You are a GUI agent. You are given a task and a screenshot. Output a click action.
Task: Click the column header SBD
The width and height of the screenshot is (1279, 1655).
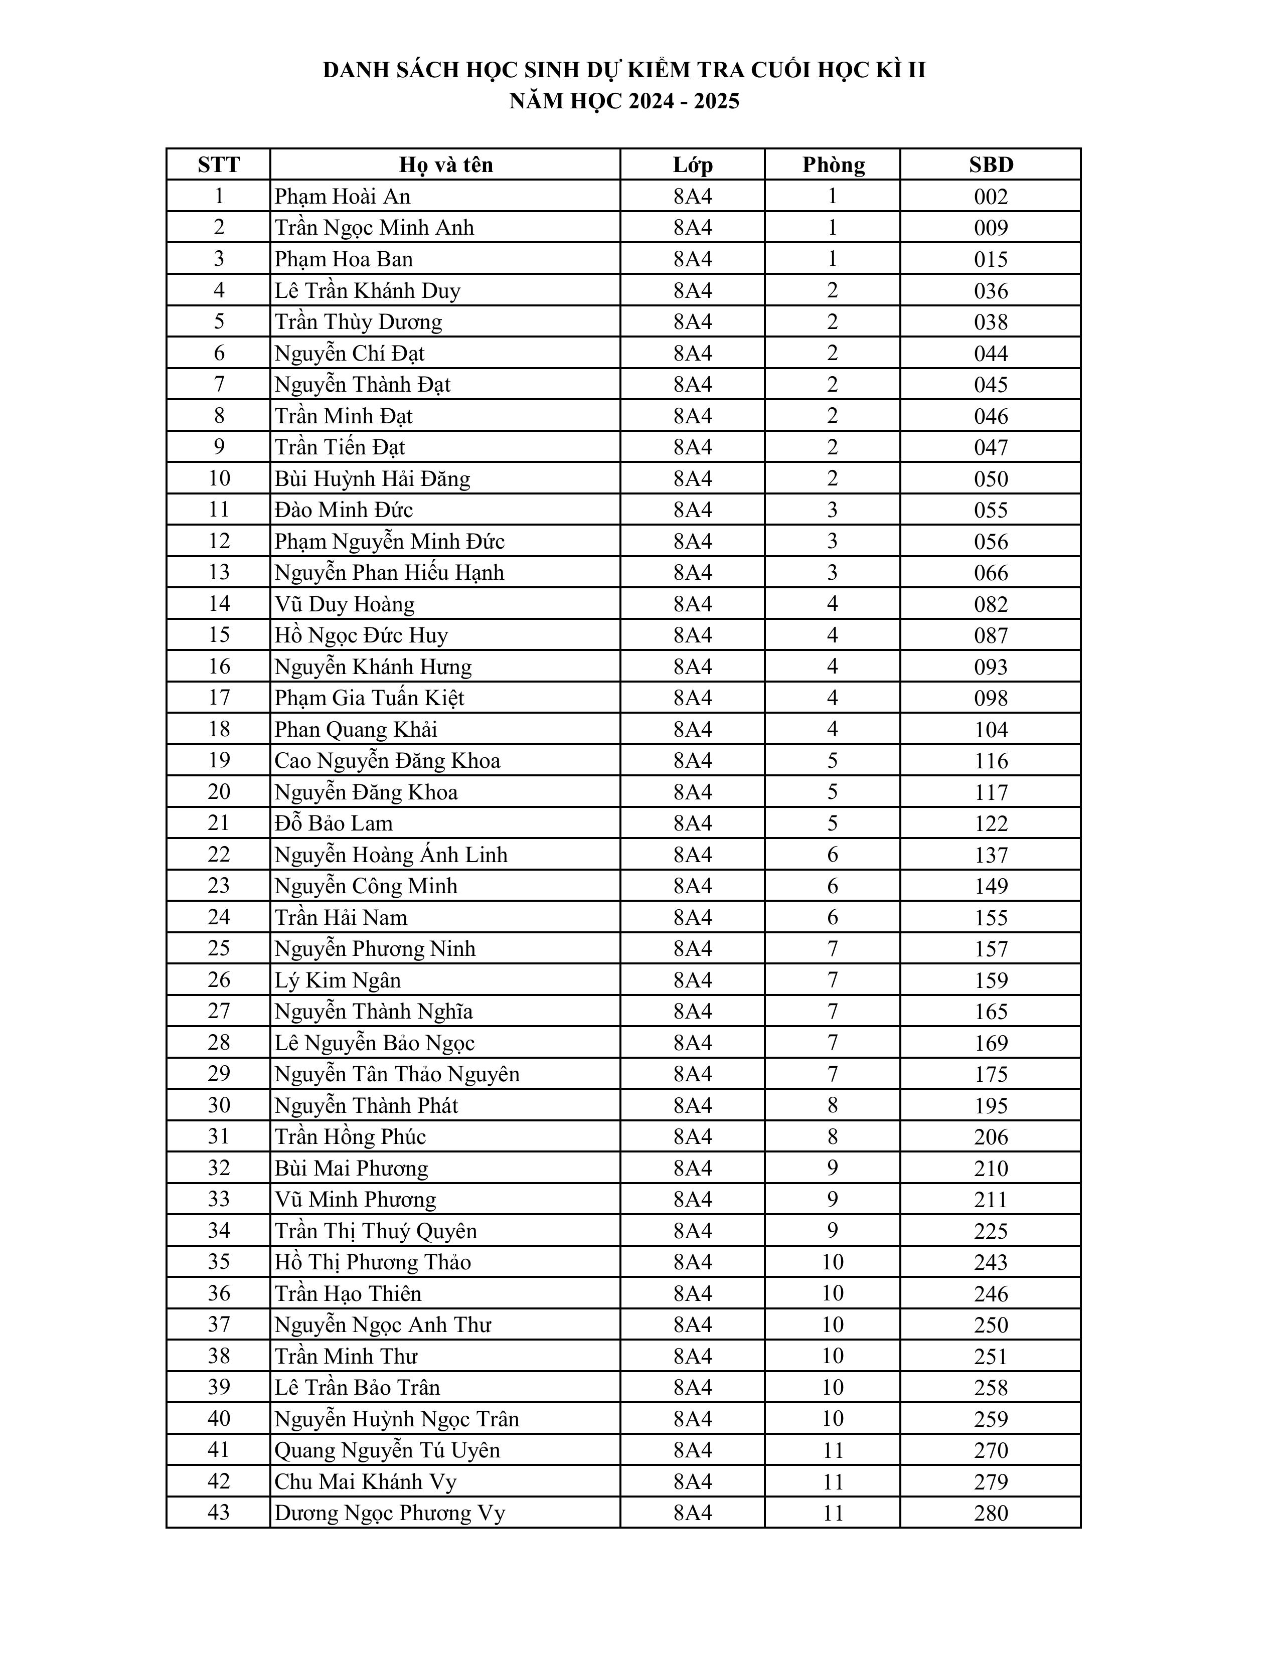[x=990, y=164]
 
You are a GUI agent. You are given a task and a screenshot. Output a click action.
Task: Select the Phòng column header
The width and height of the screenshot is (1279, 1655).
[x=833, y=164]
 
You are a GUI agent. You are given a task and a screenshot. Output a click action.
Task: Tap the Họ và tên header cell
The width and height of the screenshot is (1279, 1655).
[x=445, y=164]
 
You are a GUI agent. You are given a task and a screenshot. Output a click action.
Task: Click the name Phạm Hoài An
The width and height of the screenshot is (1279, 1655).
[x=343, y=196]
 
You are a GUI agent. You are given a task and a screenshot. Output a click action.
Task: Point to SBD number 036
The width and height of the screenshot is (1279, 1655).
[x=990, y=291]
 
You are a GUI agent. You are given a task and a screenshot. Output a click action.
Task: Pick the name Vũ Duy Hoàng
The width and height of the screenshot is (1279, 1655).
[x=345, y=604]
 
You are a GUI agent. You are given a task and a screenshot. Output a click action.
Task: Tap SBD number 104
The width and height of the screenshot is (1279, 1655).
[x=990, y=730]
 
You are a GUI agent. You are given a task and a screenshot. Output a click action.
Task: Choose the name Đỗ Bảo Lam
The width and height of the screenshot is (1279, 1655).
[x=334, y=823]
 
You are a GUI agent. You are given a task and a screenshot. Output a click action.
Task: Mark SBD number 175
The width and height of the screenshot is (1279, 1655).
[x=990, y=1074]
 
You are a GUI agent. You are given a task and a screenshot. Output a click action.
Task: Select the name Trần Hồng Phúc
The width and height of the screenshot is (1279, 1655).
[x=350, y=1136]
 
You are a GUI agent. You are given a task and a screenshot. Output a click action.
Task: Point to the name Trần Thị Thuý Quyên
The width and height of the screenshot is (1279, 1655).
[x=376, y=1231]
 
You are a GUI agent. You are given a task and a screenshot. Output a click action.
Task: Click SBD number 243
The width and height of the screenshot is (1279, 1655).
[x=990, y=1262]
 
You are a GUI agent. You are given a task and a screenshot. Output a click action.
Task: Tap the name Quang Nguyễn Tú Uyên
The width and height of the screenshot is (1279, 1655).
[x=387, y=1450]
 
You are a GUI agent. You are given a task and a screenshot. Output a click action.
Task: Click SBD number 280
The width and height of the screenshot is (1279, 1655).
[x=990, y=1513]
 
